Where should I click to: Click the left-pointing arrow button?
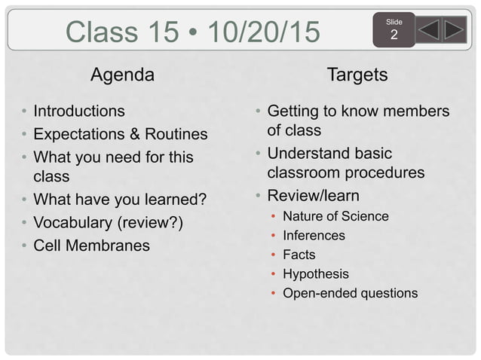point(428,29)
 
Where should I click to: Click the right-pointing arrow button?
point(454,29)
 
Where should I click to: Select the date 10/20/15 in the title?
point(263,32)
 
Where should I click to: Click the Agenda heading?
point(122,75)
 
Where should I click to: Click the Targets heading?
point(357,75)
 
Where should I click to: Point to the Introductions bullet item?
point(79,111)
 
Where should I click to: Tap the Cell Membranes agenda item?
point(91,246)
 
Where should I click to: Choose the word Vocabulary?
point(70,224)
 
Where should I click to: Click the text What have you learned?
point(120,201)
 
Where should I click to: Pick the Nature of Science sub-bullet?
point(335,217)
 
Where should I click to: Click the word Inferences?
point(314,236)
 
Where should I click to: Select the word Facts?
point(299,255)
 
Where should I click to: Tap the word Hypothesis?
point(316,274)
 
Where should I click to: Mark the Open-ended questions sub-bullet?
point(350,294)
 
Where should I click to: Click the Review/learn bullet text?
point(314,196)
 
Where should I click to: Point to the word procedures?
point(382,172)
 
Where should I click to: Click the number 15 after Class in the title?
point(165,32)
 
